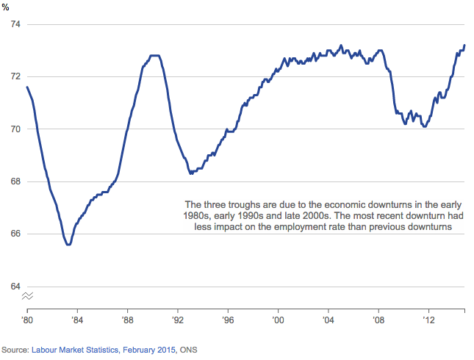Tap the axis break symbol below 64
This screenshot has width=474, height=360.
coord(27,296)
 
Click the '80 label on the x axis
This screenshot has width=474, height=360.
coord(27,320)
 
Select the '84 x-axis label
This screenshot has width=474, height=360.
coord(77,320)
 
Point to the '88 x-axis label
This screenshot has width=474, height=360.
coord(127,320)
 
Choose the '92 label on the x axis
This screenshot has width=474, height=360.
coord(178,320)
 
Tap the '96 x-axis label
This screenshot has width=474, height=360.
coord(228,320)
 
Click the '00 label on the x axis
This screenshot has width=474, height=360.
coord(278,320)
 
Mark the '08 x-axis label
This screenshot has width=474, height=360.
coord(378,320)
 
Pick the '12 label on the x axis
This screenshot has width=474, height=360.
coord(428,320)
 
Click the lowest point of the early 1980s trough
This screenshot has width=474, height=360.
coord(68,245)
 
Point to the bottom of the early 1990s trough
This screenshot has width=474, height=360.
coord(191,173)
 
